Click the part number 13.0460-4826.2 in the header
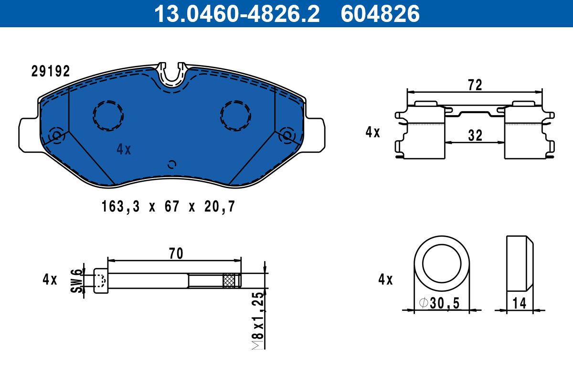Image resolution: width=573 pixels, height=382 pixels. [x=237, y=14]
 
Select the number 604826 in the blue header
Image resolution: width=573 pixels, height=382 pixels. [x=380, y=14]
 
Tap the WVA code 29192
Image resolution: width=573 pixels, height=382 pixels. [x=51, y=71]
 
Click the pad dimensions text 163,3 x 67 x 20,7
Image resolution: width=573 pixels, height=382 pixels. [x=168, y=206]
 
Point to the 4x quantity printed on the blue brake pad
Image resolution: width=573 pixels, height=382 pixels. [x=124, y=149]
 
